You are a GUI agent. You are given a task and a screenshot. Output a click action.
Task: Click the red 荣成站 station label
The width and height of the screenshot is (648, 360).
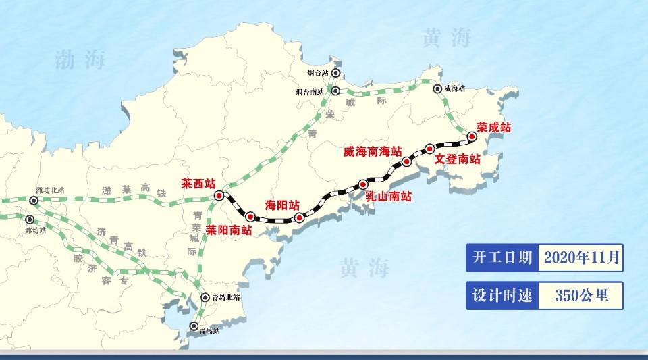coord(493,126)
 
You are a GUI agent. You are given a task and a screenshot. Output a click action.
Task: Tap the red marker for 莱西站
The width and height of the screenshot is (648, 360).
coord(219,195)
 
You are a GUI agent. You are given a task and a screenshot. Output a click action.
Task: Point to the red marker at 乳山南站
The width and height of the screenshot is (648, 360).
coord(363,184)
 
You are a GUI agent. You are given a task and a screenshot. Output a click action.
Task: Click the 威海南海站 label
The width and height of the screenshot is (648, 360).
coord(372,152)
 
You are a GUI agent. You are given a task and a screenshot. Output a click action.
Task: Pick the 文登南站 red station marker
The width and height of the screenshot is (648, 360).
coord(429,148)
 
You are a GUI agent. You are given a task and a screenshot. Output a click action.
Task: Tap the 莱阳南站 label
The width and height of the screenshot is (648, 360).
coord(230,230)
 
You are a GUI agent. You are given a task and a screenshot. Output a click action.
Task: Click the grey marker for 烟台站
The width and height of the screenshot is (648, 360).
coord(335,74)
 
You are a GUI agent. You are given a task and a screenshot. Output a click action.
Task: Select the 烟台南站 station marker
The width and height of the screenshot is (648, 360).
coord(337,91)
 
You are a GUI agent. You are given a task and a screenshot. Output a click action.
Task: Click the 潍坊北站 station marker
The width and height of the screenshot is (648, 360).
coord(34,201)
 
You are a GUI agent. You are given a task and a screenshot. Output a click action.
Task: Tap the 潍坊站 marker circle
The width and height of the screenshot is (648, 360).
coord(30,220)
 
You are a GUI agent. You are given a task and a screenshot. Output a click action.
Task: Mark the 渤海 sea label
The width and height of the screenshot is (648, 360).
coord(80,61)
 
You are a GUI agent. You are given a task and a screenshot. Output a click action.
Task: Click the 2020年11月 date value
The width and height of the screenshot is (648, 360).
coord(581,257)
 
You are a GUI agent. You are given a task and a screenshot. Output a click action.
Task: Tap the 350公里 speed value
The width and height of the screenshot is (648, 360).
coord(581,295)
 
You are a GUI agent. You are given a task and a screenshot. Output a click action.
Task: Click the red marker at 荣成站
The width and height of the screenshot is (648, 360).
coord(472,137)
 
